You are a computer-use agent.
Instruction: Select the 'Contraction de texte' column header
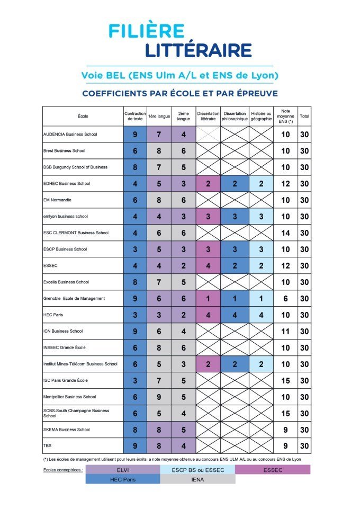(x=135, y=116)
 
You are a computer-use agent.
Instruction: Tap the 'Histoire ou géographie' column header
(x=261, y=116)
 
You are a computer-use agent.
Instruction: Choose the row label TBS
(x=47, y=446)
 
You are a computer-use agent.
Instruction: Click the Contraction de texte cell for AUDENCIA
(x=135, y=135)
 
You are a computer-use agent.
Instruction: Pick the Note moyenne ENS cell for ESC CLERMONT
(x=285, y=233)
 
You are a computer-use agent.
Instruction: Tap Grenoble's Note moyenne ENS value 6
(x=285, y=299)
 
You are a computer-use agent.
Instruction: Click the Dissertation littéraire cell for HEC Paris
(x=208, y=315)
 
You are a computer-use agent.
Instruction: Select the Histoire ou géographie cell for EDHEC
(x=261, y=183)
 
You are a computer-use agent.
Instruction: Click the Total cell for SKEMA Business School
(x=304, y=430)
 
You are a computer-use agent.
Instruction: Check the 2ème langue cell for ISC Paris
(x=183, y=380)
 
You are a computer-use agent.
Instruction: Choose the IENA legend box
(x=197, y=479)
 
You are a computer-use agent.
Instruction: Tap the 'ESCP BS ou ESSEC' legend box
(x=197, y=469)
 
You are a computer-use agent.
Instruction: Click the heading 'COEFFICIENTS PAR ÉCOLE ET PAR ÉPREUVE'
(x=179, y=94)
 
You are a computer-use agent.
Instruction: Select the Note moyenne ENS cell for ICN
(x=285, y=331)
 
